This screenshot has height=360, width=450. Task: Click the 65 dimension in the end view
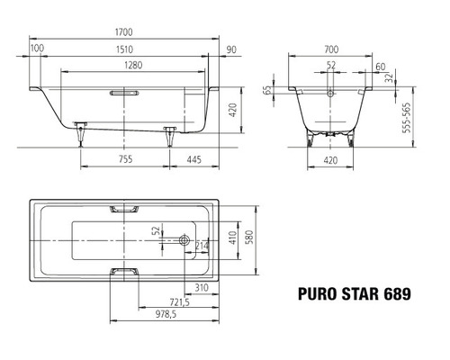(x=267, y=90)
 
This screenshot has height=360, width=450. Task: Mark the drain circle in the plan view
(x=184, y=240)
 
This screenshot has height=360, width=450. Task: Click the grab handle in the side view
(x=122, y=93)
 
